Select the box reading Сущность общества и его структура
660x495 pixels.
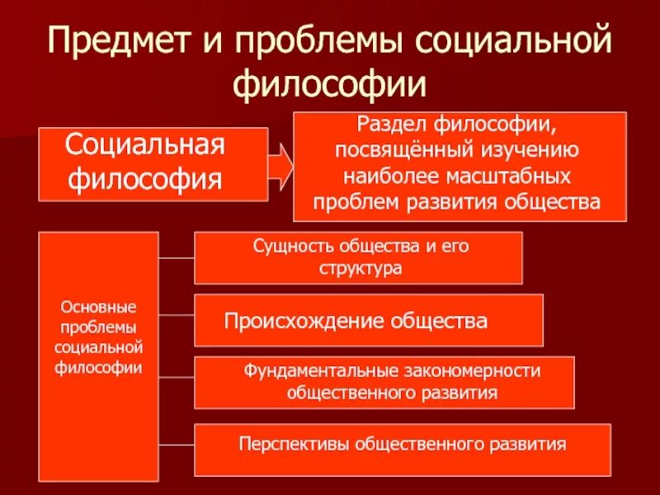pyautogui.click(x=358, y=257)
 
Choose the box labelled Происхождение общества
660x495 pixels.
pyautogui.click(x=368, y=320)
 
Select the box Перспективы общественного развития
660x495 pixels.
pyautogui.click(x=403, y=448)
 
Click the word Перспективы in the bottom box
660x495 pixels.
pyautogui.click(x=285, y=444)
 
